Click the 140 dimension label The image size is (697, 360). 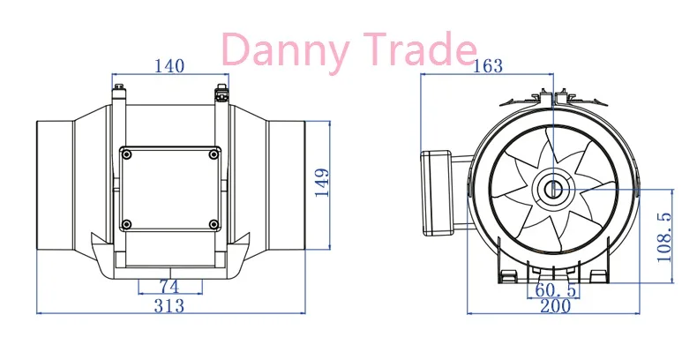[x=169, y=66]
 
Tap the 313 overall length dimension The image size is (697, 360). [x=169, y=306]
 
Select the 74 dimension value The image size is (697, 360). [x=169, y=287]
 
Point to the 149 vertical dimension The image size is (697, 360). [x=322, y=183]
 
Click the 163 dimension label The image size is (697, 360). [x=487, y=66]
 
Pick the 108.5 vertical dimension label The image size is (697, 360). [x=663, y=236]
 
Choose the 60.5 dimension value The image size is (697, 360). [x=556, y=290]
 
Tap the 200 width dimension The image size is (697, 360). [x=555, y=306]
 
